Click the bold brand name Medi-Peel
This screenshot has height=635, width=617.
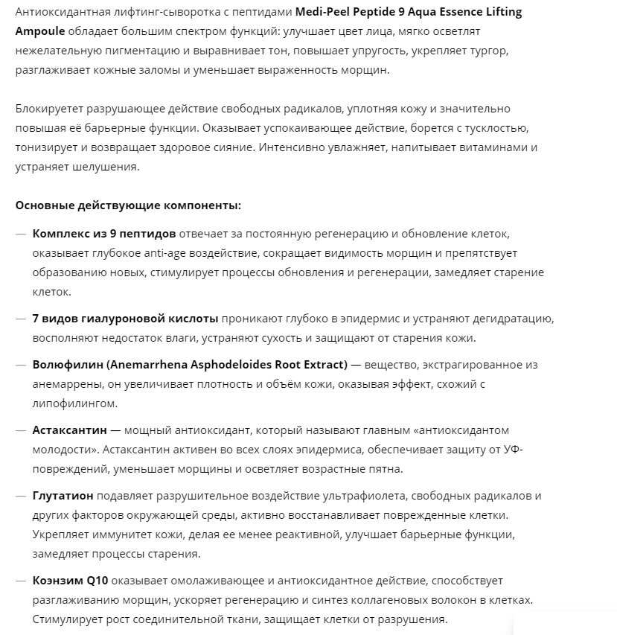point(325,12)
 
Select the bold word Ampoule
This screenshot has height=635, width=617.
point(39,31)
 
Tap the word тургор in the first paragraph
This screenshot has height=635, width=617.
point(489,51)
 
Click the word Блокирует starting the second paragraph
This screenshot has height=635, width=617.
point(45,109)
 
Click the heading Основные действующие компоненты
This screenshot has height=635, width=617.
point(128,205)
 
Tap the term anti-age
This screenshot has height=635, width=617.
point(168,253)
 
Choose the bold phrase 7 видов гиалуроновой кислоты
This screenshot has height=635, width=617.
point(125,319)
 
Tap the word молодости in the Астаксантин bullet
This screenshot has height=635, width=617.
point(64,450)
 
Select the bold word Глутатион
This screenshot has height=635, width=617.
point(63,496)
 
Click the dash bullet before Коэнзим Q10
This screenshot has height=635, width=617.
point(21,581)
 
